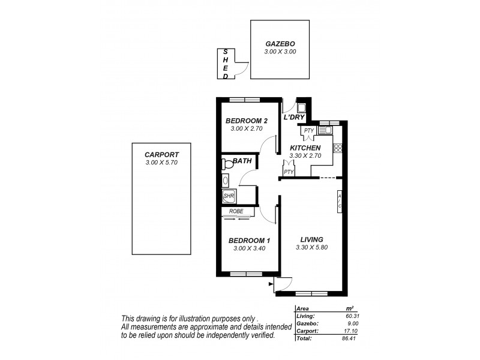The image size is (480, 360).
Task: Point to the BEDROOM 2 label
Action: [247, 121]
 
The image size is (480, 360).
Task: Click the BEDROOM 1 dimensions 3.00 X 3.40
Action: [247, 249]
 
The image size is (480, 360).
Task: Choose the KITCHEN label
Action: [305, 148]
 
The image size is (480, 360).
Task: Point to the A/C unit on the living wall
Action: [339, 201]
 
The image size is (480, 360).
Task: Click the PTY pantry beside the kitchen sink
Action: [309, 131]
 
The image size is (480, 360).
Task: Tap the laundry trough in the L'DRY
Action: [301, 108]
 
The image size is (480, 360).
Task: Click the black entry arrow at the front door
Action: [272, 283]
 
